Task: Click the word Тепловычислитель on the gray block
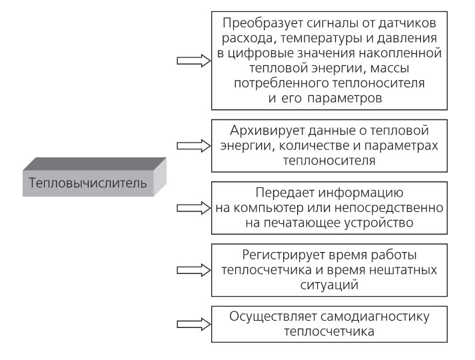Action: click(88, 183)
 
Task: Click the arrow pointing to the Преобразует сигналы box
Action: click(193, 61)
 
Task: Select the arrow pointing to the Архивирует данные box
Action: click(193, 146)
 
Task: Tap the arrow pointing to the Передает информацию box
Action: click(193, 208)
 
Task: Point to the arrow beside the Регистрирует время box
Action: click(193, 270)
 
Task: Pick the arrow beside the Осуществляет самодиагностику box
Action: click(193, 324)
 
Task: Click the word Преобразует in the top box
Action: click(262, 23)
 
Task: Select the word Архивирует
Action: click(268, 131)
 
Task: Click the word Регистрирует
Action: click(284, 255)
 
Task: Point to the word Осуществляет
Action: click(272, 317)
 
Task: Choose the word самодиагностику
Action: click(374, 317)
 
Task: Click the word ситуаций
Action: click(329, 285)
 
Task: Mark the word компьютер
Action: click(268, 208)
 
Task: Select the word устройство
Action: click(379, 223)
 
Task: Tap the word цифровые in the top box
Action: click(260, 53)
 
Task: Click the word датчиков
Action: click(407, 23)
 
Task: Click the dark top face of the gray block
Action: click(95, 164)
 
